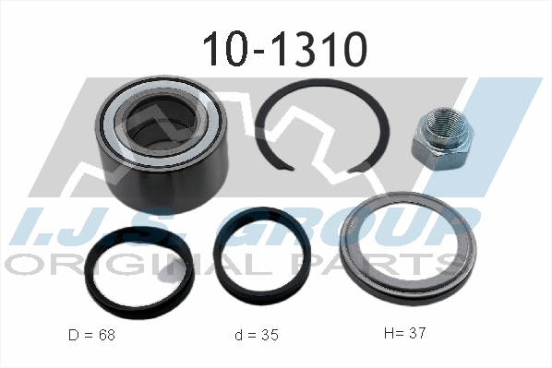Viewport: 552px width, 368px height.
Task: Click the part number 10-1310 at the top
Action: [x=285, y=49]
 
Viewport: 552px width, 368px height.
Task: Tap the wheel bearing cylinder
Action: [x=162, y=144]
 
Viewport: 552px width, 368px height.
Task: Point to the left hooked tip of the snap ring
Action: [x=291, y=168]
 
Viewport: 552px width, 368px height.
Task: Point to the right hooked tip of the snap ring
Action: [x=352, y=171]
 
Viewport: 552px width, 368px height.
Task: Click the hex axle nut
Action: [x=442, y=139]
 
